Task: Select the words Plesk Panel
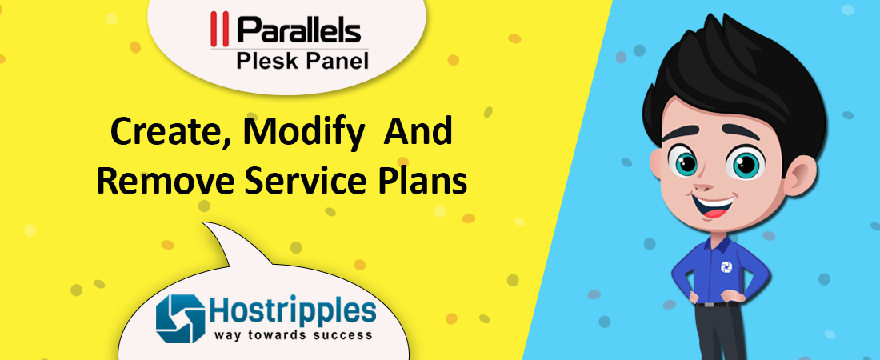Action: click(302, 60)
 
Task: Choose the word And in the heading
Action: click(418, 133)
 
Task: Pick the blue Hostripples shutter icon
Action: click(179, 318)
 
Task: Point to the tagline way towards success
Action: click(292, 335)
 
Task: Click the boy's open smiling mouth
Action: click(713, 209)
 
